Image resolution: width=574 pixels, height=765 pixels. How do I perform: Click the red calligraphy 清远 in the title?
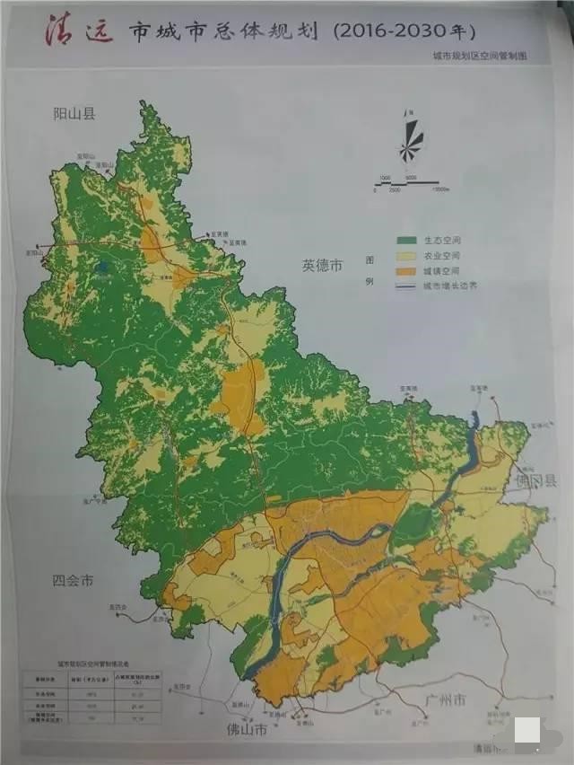click(x=79, y=31)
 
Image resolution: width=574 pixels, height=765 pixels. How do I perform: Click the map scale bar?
click(x=405, y=182)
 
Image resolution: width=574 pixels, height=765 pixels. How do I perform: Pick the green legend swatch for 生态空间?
click(x=405, y=241)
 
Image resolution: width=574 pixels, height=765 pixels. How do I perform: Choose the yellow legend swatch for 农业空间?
click(x=405, y=256)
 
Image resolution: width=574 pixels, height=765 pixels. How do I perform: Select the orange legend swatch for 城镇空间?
click(x=405, y=270)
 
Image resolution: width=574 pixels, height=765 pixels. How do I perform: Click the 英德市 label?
click(x=323, y=266)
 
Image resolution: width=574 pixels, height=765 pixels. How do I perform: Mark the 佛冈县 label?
click(x=536, y=481)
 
